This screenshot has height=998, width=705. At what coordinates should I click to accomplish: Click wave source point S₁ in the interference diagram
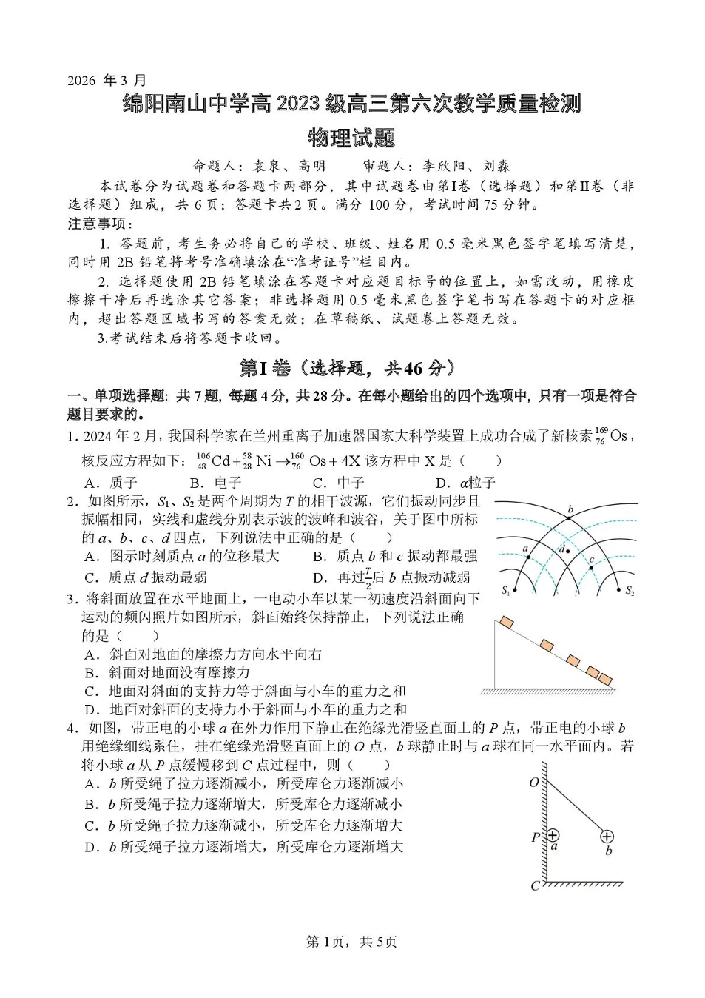coord(513,590)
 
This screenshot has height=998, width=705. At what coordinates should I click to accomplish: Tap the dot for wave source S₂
coord(618,590)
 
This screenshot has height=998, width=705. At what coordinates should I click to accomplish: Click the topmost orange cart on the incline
coord(507,622)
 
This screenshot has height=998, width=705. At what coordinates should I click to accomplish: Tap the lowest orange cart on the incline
coord(605,678)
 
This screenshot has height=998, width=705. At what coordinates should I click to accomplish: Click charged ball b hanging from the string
coord(607,837)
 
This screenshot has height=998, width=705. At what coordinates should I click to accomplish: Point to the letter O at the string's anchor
coord(534,783)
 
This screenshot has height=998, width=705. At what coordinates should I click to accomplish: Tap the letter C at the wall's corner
coord(535,885)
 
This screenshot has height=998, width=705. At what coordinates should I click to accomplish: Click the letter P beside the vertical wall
coord(536,837)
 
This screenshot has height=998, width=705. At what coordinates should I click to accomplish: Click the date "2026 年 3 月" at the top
coord(107,80)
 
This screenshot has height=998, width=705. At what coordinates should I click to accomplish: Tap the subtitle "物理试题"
coord(352,138)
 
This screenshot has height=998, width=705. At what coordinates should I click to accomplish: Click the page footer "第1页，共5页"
coord(351,942)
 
